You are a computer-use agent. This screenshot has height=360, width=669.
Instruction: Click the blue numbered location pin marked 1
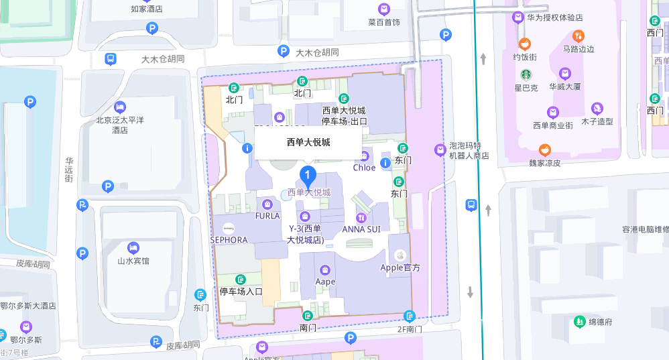pos(307,176)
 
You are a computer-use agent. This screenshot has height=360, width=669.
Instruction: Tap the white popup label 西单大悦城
pos(308,142)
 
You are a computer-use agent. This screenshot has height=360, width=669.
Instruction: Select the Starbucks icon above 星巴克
pos(526,74)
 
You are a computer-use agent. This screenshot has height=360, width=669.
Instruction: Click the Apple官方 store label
pos(400,267)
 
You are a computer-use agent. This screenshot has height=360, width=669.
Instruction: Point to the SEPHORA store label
pos(229,239)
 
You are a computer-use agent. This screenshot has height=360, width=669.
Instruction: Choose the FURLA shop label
pos(267,216)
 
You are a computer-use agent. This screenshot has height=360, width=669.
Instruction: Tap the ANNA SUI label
pos(361,229)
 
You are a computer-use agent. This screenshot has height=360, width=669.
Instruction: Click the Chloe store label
pos(364,168)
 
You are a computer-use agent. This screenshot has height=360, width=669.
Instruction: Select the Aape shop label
pos(325,282)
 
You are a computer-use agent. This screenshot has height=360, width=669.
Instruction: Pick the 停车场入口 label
pos(241,292)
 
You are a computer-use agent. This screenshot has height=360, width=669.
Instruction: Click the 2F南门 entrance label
pos(410,328)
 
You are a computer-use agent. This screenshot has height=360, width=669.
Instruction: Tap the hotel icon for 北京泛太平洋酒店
pos(120,107)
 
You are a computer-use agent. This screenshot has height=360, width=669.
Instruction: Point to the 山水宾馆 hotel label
pos(133,261)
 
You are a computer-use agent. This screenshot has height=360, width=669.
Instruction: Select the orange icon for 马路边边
pos(579,36)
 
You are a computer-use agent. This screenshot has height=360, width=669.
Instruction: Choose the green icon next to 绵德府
pos(579,322)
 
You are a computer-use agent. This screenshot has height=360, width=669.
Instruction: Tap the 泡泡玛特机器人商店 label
pos(469,150)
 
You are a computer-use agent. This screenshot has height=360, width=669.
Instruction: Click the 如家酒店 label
pos(147,9)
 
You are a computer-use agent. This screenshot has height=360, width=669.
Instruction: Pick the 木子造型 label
pos(597,121)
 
